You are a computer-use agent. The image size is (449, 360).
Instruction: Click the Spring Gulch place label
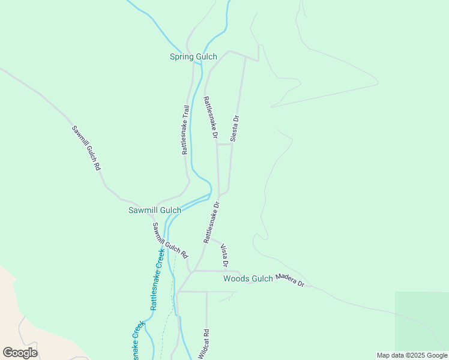(193, 57)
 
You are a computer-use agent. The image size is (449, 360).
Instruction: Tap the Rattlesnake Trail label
(185, 130)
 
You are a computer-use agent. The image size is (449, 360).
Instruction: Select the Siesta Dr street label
(235, 127)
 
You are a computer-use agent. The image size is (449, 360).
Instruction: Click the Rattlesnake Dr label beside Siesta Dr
(210, 118)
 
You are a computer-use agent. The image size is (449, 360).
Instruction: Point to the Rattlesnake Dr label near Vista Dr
(212, 222)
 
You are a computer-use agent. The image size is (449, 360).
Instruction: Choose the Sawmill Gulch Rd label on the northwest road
(86, 148)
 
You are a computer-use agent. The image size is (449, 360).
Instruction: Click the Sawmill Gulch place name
(155, 210)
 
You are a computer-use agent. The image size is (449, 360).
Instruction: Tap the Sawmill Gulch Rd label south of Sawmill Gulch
(170, 241)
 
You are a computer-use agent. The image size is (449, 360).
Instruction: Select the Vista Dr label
(224, 256)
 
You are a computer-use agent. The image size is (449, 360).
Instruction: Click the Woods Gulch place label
(248, 278)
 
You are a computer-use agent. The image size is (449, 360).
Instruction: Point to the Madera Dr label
(290, 280)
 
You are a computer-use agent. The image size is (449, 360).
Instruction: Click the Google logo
(20, 353)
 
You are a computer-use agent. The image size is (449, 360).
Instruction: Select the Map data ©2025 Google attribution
(412, 355)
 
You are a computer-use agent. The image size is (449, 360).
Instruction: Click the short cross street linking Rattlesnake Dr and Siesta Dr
(224, 144)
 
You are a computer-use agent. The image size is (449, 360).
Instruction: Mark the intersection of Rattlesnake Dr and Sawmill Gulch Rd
(191, 271)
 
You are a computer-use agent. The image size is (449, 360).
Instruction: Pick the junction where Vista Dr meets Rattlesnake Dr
(209, 238)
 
